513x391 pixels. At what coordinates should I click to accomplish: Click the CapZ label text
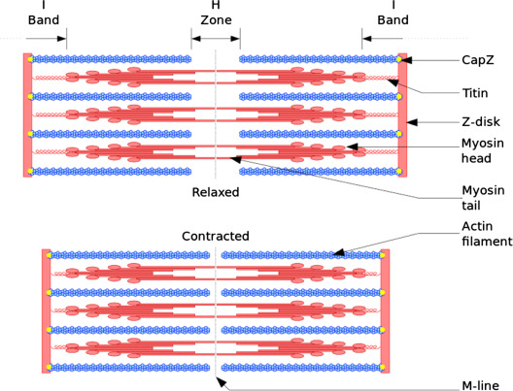click(478, 60)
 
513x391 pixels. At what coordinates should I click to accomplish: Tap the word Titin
click(476, 92)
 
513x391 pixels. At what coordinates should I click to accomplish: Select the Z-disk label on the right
click(480, 123)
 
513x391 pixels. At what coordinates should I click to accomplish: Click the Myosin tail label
click(480, 198)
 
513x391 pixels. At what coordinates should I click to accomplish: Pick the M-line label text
click(481, 386)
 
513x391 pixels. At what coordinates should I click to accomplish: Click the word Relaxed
click(215, 192)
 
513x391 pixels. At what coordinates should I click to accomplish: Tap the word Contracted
click(215, 236)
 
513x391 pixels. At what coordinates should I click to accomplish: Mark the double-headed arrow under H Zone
click(216, 39)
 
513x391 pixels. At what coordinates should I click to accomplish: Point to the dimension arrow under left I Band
click(46, 39)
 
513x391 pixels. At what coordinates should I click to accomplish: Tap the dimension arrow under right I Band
click(383, 39)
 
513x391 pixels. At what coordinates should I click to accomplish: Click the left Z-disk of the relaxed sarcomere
click(27, 115)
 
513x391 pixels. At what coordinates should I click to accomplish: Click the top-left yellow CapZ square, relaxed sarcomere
click(32, 59)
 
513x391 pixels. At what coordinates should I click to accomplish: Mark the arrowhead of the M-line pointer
click(228, 381)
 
